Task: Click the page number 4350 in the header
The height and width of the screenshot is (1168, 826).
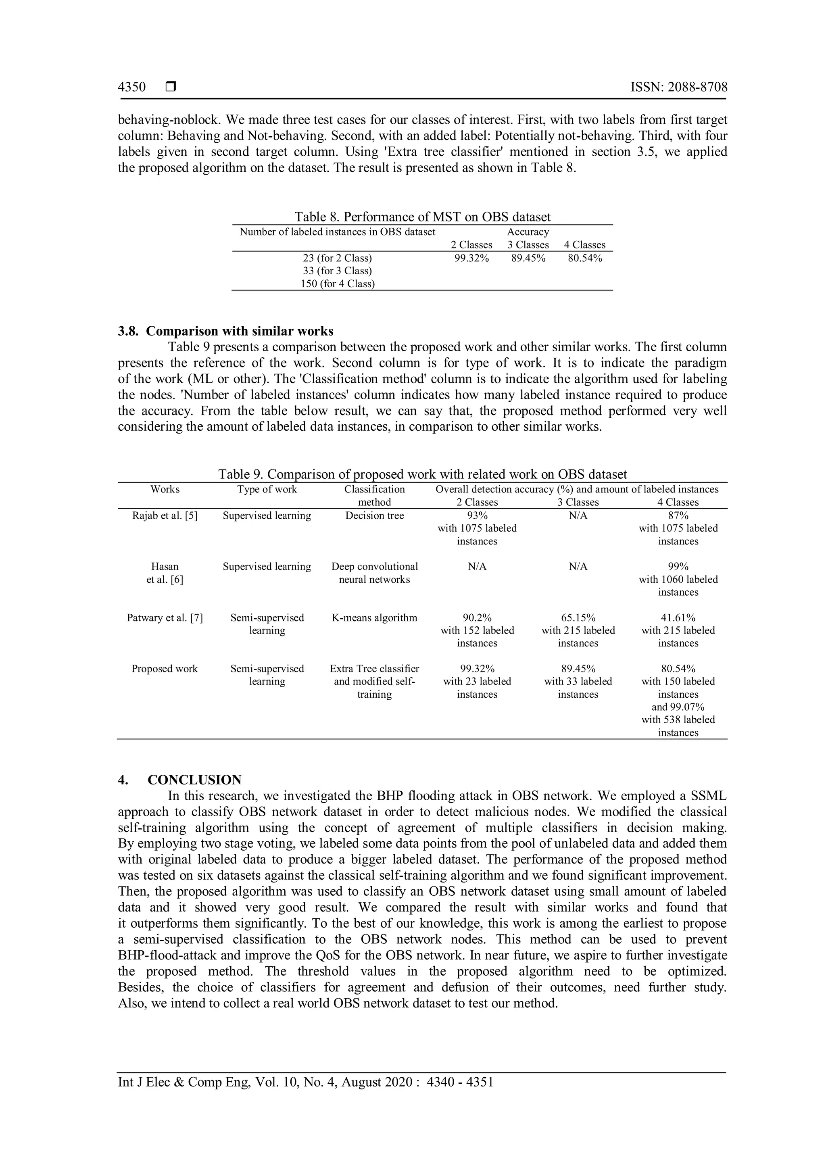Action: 132,87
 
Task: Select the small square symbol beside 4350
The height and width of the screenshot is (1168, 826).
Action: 171,87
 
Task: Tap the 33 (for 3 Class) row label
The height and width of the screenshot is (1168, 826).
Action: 337,271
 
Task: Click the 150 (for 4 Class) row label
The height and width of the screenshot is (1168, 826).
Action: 337,284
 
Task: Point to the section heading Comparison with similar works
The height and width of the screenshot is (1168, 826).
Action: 239,331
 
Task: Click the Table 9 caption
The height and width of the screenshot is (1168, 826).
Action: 422,474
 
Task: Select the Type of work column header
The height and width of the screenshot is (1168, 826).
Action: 267,489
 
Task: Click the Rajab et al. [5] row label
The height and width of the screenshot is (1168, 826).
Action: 165,515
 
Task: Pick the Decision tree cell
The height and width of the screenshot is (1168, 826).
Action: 374,515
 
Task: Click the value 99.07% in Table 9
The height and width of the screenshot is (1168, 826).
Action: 686,707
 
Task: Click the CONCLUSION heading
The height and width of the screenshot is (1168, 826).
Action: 194,780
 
